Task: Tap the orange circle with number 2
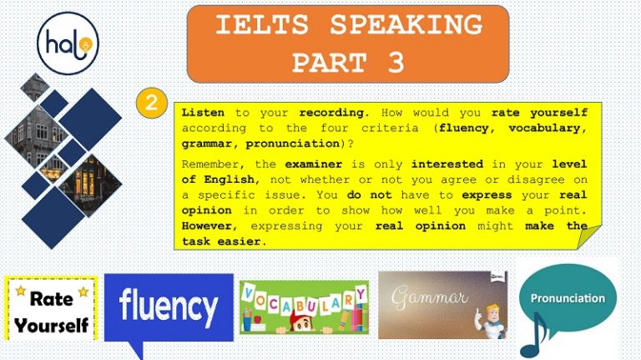(151, 103)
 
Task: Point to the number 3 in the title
(396, 62)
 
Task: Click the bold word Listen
(203, 112)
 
